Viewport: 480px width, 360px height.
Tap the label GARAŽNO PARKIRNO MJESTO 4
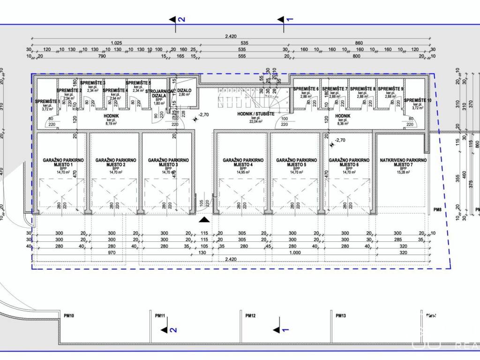(243, 163)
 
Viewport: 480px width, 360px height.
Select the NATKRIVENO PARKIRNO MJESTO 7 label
(403, 163)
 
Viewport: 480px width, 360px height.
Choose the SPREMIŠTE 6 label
(306, 89)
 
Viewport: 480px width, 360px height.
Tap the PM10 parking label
(69, 316)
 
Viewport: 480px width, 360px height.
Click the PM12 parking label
(250, 316)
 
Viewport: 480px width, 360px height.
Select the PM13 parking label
(341, 316)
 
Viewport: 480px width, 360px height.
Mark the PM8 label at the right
(438, 210)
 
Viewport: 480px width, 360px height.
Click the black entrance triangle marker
(204, 219)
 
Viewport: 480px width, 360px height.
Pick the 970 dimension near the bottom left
(112, 253)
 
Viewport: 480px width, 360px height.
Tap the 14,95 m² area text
(243, 172)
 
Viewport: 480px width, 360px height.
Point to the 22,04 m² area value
(255, 121)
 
